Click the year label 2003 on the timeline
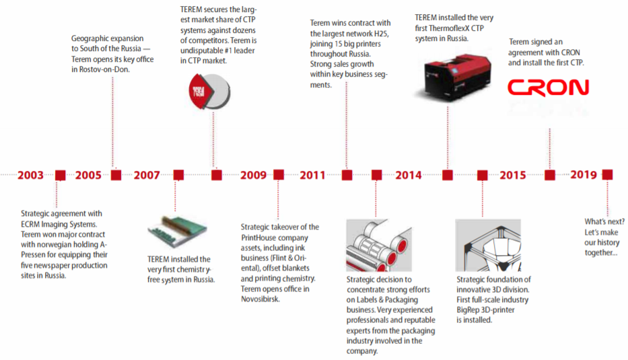pos(30,175)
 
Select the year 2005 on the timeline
pos(89,175)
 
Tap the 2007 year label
pos(147,175)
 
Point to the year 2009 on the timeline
pos(253,175)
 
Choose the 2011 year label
pos(312,175)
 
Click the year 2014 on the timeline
pos(409,175)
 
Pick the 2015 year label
pos(513,175)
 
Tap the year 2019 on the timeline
pos(584,174)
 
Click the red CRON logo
pos(549,87)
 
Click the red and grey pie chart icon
pos(209,92)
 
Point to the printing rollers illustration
pos(379,245)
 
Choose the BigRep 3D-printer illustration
pos(488,245)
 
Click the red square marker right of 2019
pos(608,174)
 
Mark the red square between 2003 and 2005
pos(61,175)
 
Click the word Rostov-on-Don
pos(104,69)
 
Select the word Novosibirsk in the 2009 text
pos(260,299)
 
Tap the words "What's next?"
pos(604,221)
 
